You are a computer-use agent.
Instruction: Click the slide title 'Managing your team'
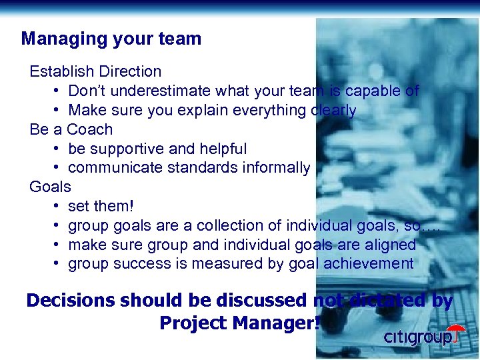pos(111,39)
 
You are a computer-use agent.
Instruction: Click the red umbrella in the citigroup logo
pos(456,331)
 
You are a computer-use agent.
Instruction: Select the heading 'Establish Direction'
pos(95,71)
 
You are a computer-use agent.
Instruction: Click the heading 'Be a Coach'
pos(71,129)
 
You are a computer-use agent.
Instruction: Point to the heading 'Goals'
pos(50,187)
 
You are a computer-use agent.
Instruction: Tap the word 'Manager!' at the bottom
pos(273,323)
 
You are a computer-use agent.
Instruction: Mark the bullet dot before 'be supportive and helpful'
pos(58,149)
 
